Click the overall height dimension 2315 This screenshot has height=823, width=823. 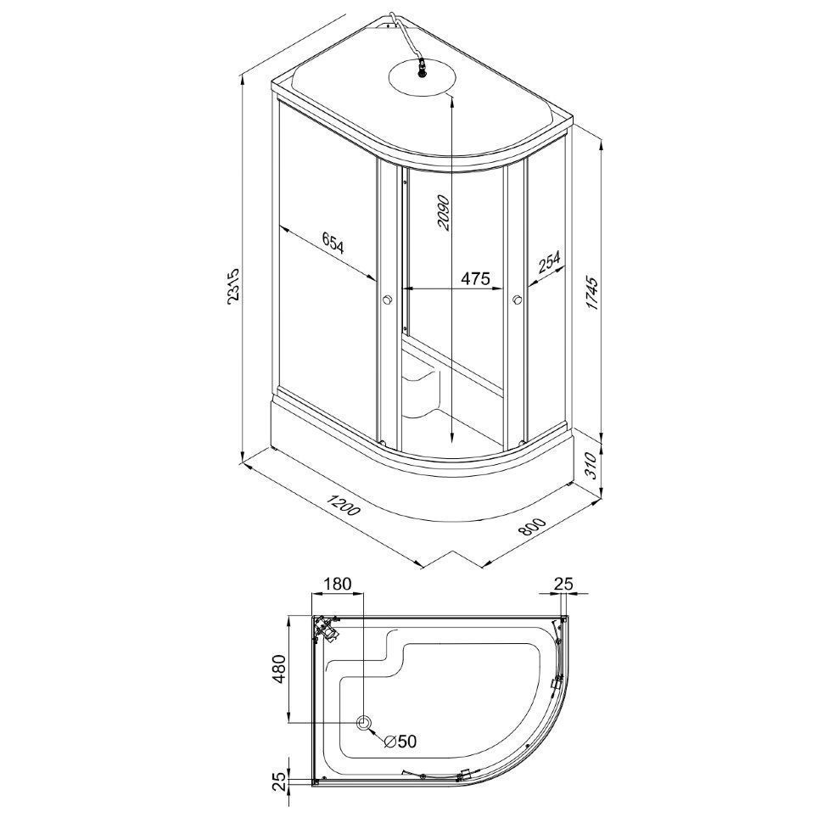232,286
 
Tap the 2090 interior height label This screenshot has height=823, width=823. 444,213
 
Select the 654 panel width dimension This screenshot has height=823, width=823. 333,244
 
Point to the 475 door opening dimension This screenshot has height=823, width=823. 475,277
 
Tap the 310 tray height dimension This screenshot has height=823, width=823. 592,464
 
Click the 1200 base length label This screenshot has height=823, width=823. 343,504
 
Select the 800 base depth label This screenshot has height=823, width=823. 532,526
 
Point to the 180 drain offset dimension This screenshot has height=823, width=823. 337,584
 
